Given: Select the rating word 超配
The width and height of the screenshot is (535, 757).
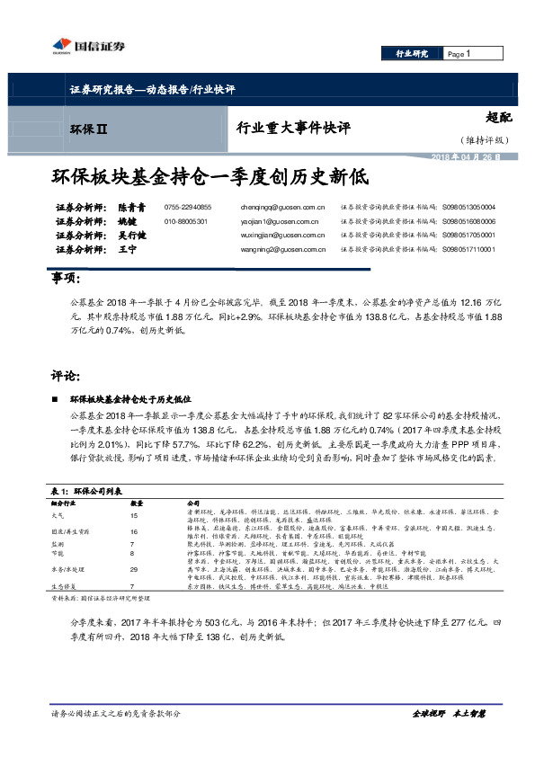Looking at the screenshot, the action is [x=497, y=116].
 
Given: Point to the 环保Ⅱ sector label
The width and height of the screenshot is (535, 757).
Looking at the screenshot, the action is [x=89, y=131].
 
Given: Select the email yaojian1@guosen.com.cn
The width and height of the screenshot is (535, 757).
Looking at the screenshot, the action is [x=282, y=220].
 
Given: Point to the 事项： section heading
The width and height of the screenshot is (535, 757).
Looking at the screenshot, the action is [x=67, y=281].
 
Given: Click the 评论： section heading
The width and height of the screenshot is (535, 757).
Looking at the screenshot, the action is [x=67, y=375].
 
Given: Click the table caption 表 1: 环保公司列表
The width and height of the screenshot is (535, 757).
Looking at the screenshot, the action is [x=86, y=490].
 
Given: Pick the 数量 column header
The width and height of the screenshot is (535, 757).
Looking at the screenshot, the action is [x=138, y=503].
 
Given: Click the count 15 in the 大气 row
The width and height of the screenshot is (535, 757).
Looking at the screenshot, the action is [x=136, y=517].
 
